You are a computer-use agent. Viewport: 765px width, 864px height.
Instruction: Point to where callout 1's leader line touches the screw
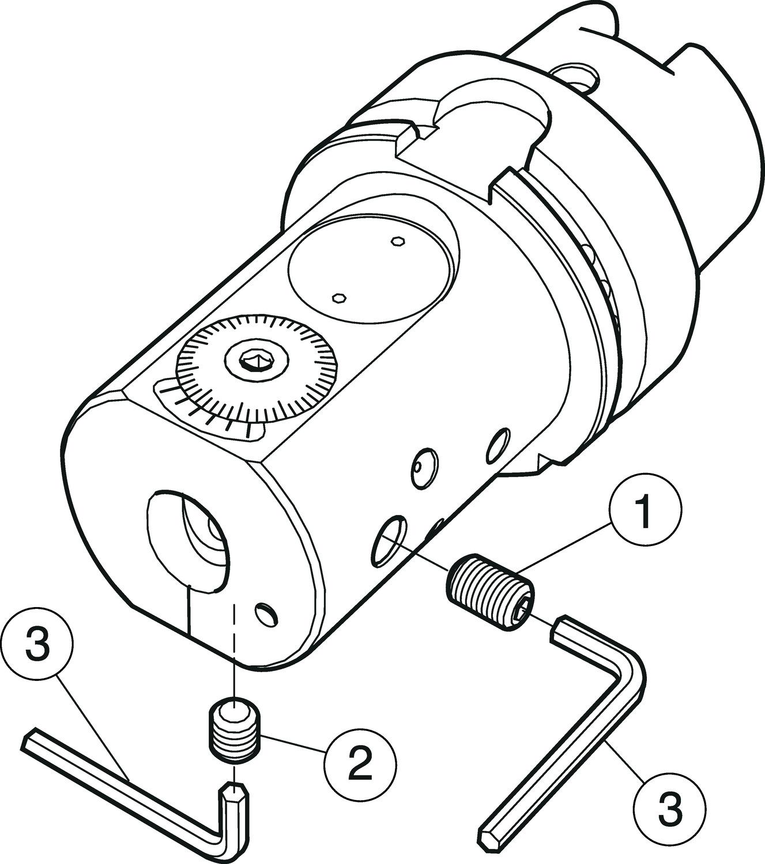516,573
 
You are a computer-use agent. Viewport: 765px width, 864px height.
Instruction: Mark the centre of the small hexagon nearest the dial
338,298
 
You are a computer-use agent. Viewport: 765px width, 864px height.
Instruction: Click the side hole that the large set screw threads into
389,541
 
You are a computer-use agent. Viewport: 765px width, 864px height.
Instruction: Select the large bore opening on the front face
188,541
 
